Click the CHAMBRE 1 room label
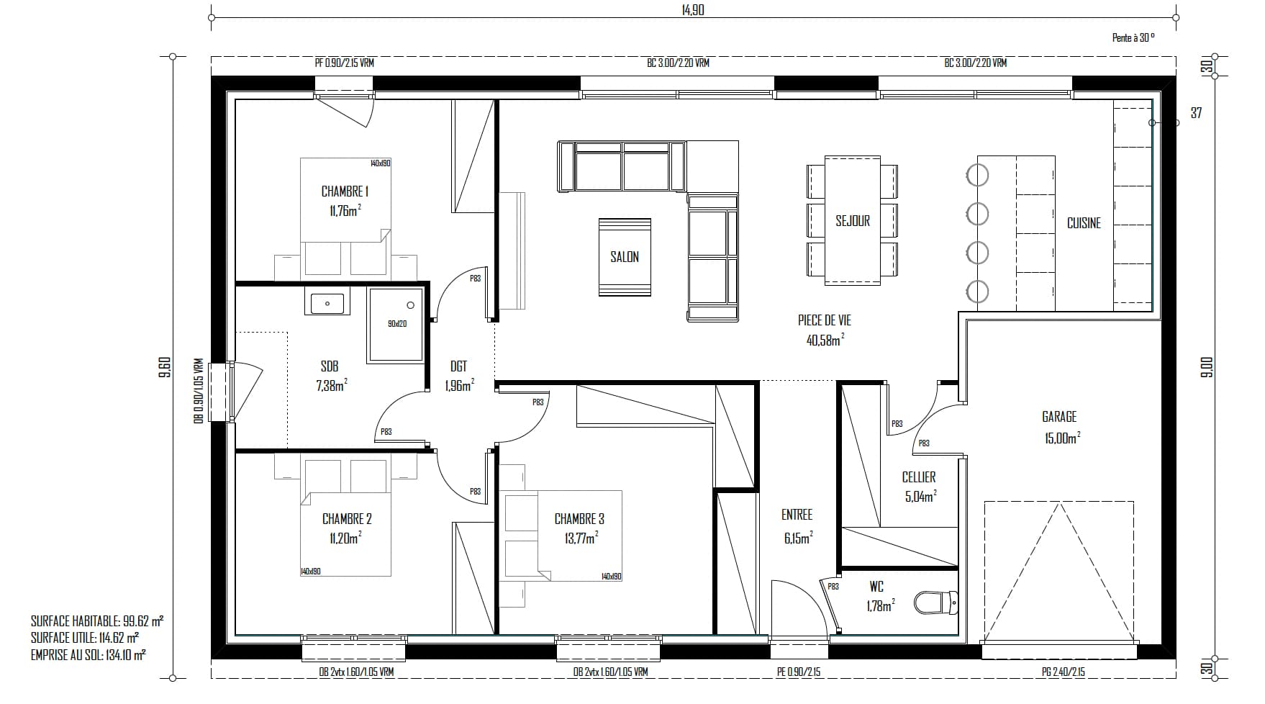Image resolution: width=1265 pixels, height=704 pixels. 345,191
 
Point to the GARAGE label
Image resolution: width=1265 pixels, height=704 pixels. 1059,417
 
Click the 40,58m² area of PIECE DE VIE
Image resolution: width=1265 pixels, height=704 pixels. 825,339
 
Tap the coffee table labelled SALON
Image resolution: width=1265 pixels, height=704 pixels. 625,257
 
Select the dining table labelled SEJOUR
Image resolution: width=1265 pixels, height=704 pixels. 853,220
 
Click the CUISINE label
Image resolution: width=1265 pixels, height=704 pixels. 1084,223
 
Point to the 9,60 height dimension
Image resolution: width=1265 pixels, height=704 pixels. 164,367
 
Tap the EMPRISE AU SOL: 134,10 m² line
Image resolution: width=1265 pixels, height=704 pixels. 89,655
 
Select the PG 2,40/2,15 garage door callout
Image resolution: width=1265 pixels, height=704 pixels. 1063,672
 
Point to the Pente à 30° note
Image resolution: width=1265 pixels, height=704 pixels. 1133,38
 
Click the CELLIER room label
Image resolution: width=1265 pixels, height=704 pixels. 919,477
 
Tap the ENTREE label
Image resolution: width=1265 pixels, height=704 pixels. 797,515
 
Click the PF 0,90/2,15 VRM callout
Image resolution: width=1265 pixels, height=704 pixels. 345,63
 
